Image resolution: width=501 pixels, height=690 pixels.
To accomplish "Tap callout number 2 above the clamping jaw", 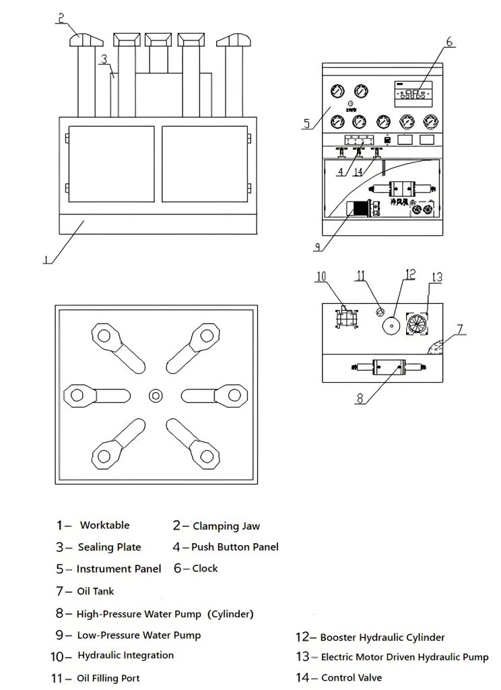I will tap(61, 19).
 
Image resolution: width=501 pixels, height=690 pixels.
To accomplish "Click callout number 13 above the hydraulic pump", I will tap(436, 277).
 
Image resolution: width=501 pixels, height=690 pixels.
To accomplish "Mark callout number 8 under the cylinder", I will tap(360, 398).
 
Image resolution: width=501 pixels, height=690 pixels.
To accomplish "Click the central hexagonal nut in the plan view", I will tap(156, 394).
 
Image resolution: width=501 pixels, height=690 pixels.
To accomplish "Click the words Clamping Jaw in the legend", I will tap(226, 526).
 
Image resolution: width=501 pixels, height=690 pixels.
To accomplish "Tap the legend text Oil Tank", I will tap(96, 592).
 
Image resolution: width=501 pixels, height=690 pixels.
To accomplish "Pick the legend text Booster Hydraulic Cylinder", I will tap(382, 637).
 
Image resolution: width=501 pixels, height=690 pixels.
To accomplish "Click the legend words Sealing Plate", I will tap(109, 547).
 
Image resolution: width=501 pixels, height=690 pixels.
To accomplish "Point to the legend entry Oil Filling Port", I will tap(108, 679).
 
